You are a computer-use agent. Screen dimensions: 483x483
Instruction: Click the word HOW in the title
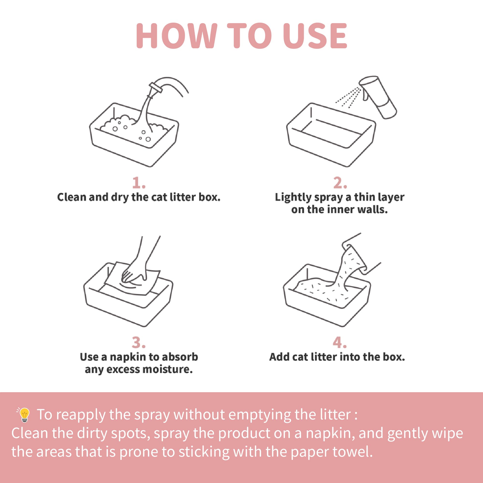coord(177,36)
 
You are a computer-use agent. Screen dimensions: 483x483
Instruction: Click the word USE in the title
coord(315,36)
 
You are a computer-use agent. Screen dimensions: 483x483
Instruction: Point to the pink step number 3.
coord(138,342)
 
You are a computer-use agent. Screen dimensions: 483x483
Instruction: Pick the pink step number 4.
coord(339,342)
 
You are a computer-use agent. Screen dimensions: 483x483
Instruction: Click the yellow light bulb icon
coord(24,415)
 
